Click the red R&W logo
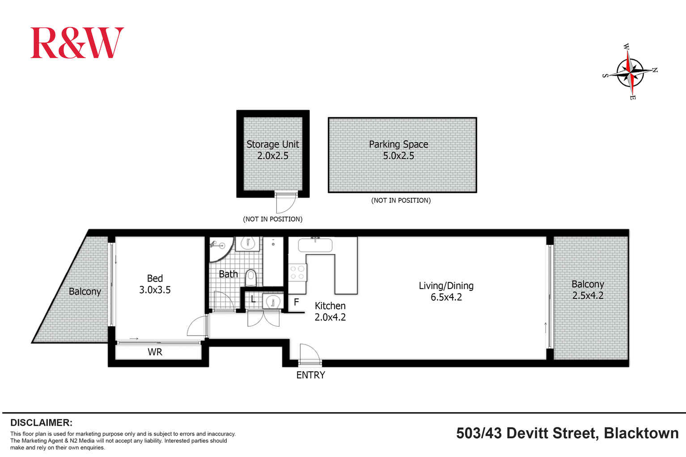(77, 43)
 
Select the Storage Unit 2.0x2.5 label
(273, 150)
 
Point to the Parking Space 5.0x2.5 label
(398, 150)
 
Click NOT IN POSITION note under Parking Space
(401, 201)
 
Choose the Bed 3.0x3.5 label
(155, 284)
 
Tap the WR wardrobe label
(155, 352)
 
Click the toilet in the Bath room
(251, 277)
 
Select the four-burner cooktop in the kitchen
(297, 273)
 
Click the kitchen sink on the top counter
(315, 245)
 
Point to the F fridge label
(296, 302)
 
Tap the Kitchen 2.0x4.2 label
(330, 311)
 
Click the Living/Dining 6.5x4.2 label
(446, 291)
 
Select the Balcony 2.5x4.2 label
(588, 289)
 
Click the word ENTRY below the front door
(310, 375)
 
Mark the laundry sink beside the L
(273, 302)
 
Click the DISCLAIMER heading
(41, 423)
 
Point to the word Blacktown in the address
(641, 433)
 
